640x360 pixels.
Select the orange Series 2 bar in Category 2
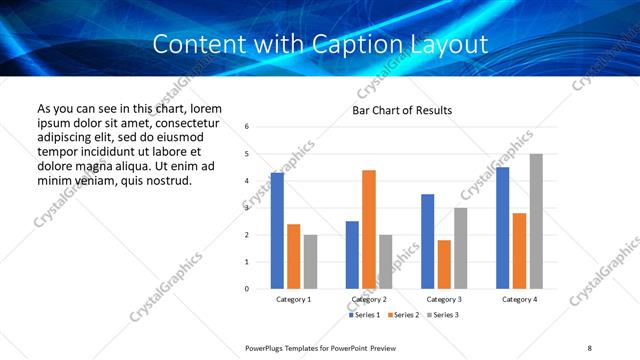[x=369, y=229]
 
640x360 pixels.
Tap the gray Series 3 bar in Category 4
[x=536, y=221]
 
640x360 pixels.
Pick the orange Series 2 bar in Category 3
[x=444, y=264]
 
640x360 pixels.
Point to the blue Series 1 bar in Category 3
[x=427, y=241]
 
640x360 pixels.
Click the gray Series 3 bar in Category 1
[x=310, y=261]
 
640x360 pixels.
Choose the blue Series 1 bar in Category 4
[x=502, y=228]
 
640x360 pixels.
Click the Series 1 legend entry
[x=365, y=315]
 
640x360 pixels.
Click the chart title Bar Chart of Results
[x=402, y=110]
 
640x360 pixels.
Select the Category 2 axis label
[x=369, y=299]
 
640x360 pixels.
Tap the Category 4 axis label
[x=519, y=299]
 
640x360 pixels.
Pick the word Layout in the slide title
[x=452, y=45]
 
